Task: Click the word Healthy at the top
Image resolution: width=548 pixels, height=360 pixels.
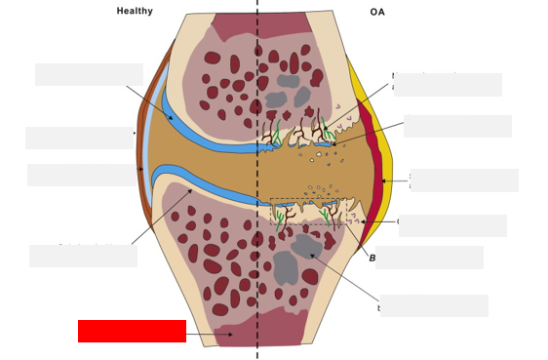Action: tap(135, 11)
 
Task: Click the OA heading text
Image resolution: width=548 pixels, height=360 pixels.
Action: tap(377, 12)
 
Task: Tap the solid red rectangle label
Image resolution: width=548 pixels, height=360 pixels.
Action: tap(132, 331)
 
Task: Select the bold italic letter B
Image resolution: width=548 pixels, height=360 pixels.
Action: tap(372, 258)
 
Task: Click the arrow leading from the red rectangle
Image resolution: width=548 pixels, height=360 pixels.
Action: tap(207, 335)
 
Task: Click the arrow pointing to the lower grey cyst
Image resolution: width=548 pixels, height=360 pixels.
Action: tap(346, 278)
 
